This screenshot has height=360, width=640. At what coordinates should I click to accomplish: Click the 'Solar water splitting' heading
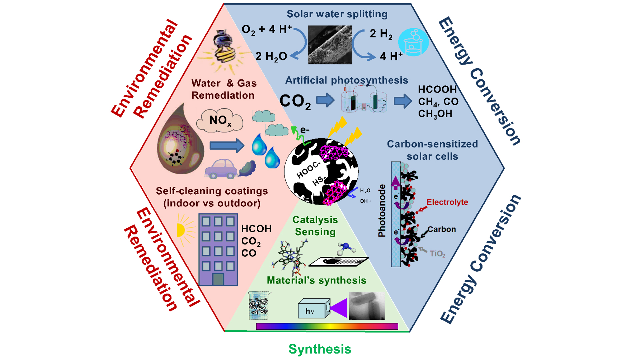tap(337, 14)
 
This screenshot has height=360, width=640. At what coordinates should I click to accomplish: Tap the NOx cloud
tap(220, 121)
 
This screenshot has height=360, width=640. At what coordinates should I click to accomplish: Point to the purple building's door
tap(218, 279)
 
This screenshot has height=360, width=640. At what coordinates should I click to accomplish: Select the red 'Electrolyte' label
tap(447, 202)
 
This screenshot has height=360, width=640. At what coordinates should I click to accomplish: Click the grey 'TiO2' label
tap(437, 254)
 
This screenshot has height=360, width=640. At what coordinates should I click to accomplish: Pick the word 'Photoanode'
tap(382, 211)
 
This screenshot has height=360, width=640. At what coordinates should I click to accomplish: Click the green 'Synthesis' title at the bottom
tap(320, 349)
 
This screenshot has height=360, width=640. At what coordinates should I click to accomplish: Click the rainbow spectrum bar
tap(327, 326)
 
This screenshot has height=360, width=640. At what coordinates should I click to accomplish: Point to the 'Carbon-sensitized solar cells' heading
tap(432, 150)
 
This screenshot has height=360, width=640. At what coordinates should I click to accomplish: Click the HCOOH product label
tap(437, 89)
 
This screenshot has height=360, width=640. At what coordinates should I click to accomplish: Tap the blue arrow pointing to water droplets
tap(227, 146)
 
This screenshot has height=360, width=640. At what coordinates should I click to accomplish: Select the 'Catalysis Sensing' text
tap(315, 226)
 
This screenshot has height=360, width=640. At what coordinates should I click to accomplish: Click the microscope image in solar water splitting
tap(330, 45)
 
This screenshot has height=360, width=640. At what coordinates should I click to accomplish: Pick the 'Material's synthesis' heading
tap(316, 280)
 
